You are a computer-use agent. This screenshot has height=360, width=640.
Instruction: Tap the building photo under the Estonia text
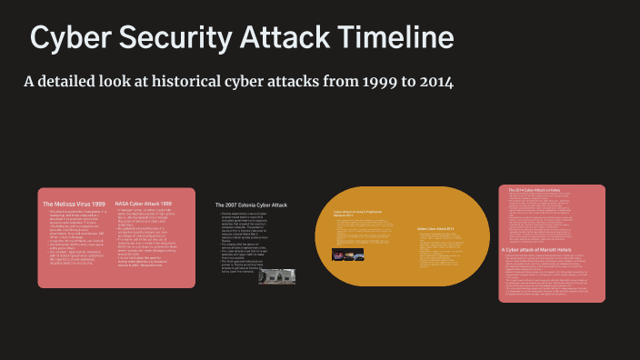[x=276, y=275]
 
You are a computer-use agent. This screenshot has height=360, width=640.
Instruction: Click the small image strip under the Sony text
[x=348, y=255]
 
